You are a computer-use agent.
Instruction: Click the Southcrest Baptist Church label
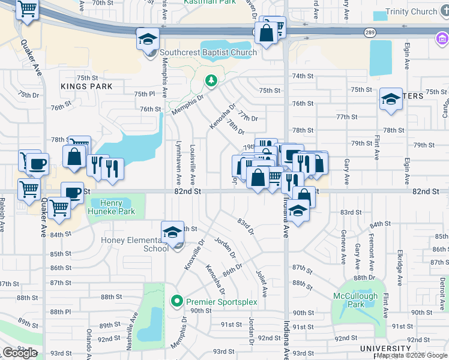pos(208,52)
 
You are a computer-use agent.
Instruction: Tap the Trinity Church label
pos(413,12)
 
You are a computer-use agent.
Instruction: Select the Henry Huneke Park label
pos(110,207)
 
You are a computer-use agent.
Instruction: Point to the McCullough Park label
pos(355,300)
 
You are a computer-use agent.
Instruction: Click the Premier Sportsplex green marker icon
pos(177,301)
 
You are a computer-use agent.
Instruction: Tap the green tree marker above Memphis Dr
pos(211,80)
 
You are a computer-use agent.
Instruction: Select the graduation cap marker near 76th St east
pos(391,100)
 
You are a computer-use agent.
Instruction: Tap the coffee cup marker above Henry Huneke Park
pos(72,193)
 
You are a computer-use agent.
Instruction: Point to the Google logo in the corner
pos(20,353)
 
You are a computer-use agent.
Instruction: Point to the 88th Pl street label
pos(61,312)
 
